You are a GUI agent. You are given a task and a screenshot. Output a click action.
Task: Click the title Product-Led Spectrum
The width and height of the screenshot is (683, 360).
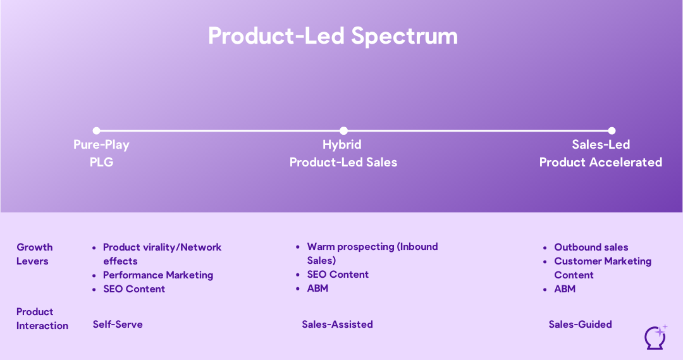click(333, 36)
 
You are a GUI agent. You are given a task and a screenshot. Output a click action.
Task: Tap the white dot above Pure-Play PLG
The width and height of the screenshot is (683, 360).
click(96, 131)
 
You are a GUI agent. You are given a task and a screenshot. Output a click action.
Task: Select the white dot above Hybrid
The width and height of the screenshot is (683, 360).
click(343, 131)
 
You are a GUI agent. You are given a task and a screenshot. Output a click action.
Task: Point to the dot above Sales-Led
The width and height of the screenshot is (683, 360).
click(612, 131)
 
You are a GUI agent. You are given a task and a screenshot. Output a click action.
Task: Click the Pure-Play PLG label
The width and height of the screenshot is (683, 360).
click(101, 153)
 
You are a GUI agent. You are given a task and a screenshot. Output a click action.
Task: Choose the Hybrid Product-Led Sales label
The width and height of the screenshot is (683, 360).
click(343, 153)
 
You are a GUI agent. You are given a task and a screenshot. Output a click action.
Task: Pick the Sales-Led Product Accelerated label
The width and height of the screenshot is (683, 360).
click(600, 153)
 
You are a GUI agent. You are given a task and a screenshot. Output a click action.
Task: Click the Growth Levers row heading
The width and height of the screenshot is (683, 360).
click(34, 254)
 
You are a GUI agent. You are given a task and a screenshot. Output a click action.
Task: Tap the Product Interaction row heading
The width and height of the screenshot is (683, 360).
click(42, 318)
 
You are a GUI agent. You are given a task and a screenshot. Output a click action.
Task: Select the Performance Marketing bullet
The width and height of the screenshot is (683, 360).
click(157, 275)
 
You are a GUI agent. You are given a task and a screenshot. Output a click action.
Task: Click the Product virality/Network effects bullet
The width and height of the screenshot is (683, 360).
click(162, 254)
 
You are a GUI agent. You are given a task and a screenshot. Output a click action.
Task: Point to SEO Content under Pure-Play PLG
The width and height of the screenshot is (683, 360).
click(134, 289)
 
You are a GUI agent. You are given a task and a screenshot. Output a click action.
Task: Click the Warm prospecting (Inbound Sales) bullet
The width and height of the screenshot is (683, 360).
click(372, 253)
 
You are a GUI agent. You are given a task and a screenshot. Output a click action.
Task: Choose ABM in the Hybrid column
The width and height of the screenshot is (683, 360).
click(317, 288)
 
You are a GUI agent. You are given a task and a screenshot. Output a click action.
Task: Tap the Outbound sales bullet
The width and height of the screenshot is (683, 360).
click(591, 247)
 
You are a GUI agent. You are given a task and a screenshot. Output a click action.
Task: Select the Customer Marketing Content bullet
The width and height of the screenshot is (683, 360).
click(602, 268)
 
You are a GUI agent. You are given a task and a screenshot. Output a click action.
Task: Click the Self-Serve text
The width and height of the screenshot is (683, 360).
click(118, 324)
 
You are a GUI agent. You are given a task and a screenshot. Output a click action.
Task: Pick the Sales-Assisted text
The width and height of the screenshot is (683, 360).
click(337, 324)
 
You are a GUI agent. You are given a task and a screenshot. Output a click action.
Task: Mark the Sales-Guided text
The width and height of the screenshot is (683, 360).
click(580, 324)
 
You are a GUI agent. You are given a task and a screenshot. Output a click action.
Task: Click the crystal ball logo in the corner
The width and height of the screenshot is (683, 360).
click(655, 337)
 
